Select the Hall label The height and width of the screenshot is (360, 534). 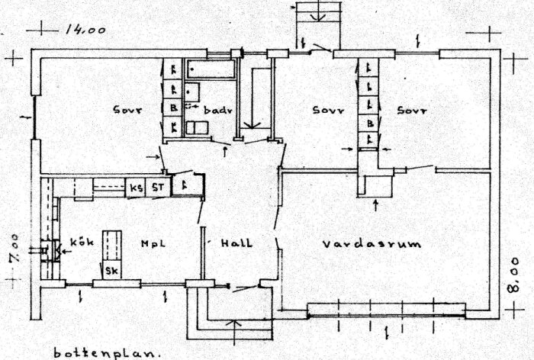pyautogui.click(x=236, y=243)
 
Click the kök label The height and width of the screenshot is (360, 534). pyautogui.click(x=81, y=242)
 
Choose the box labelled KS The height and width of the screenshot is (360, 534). pyautogui.click(x=137, y=188)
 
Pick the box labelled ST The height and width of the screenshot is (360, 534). pyautogui.click(x=158, y=188)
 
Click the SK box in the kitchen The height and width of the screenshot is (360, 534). pyautogui.click(x=111, y=271)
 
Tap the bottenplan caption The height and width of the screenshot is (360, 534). pyautogui.click(x=107, y=352)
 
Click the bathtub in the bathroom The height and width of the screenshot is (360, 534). pyautogui.click(x=211, y=70)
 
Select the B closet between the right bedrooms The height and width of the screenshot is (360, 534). pyautogui.click(x=370, y=122)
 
